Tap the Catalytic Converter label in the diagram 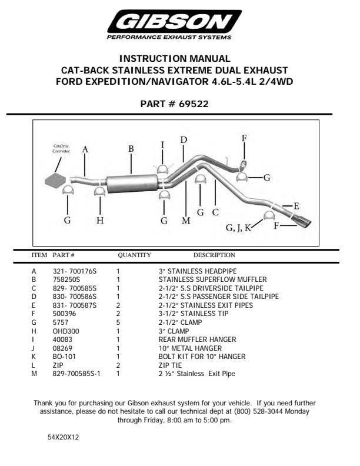point(61,149)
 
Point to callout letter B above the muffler point(131,149)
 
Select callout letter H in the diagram point(100,221)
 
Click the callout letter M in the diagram point(186,221)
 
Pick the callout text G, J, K point(238,227)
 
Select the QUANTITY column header point(135,255)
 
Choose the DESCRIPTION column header point(214,255)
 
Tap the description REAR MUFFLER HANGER point(197,339)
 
